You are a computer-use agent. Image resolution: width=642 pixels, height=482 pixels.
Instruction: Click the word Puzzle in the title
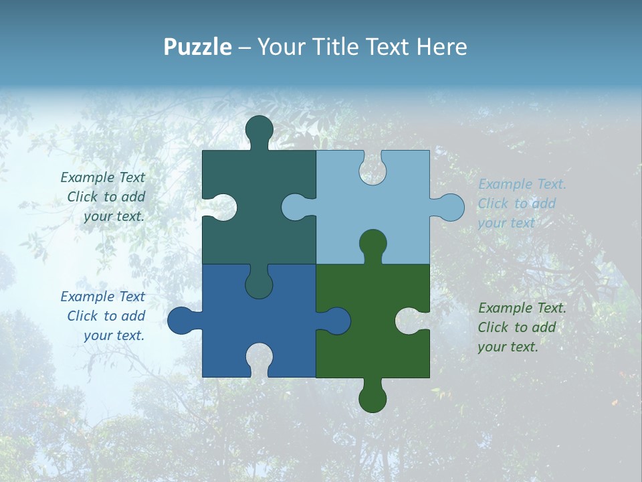coord(197,47)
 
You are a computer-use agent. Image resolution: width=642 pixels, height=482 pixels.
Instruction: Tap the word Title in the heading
coord(337,47)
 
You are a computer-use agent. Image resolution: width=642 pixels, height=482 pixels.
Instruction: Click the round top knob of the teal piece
coord(259,130)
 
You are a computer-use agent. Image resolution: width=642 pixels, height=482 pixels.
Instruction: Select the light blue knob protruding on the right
coord(449,208)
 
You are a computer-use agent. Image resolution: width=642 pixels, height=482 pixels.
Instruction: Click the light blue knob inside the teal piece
coord(296,208)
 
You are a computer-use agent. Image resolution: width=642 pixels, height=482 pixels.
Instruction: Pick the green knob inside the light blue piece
coord(372,244)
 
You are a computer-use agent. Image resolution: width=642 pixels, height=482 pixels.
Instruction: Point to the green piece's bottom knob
coord(372,398)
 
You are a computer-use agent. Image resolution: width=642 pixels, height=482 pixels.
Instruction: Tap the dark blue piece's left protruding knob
coord(182,321)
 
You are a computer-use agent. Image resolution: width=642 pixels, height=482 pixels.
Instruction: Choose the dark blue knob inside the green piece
coord(335,321)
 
